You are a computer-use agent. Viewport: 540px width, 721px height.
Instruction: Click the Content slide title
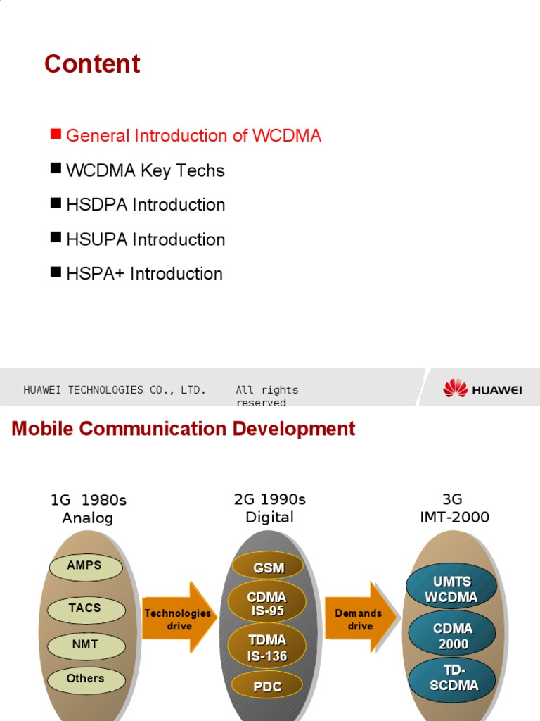pos(92,64)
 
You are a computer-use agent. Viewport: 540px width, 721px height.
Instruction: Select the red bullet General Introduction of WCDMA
pos(193,136)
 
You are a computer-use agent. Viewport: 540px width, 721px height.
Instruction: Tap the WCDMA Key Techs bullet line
pos(145,170)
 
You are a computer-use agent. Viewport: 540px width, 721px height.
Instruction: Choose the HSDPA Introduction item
pos(145,205)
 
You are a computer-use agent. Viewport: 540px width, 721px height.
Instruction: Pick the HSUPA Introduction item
pos(145,239)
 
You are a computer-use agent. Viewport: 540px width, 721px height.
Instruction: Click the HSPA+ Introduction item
pos(144,274)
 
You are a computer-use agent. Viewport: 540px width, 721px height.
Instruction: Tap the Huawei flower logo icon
pos(455,388)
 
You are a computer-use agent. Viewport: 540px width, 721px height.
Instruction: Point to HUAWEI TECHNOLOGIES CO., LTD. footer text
pos(115,390)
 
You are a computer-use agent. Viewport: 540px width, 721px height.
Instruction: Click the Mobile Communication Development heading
pos(184,429)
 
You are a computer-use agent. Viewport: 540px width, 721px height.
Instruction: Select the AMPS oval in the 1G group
pos(85,566)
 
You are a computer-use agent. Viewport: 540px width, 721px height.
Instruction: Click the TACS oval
pos(85,608)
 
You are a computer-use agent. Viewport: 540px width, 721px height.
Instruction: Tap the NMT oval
pos(85,644)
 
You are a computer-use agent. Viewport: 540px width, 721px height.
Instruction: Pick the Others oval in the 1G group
pos(85,679)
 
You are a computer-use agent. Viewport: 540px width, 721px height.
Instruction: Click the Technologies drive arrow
pos(179,620)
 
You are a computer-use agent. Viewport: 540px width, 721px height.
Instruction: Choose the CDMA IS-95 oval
pos(267,604)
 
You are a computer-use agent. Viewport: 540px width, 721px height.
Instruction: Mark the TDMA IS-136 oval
pos(267,648)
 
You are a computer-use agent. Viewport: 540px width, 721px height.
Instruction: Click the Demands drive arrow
pos(360,620)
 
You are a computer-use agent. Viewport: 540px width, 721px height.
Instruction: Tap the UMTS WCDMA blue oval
pos(451,589)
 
